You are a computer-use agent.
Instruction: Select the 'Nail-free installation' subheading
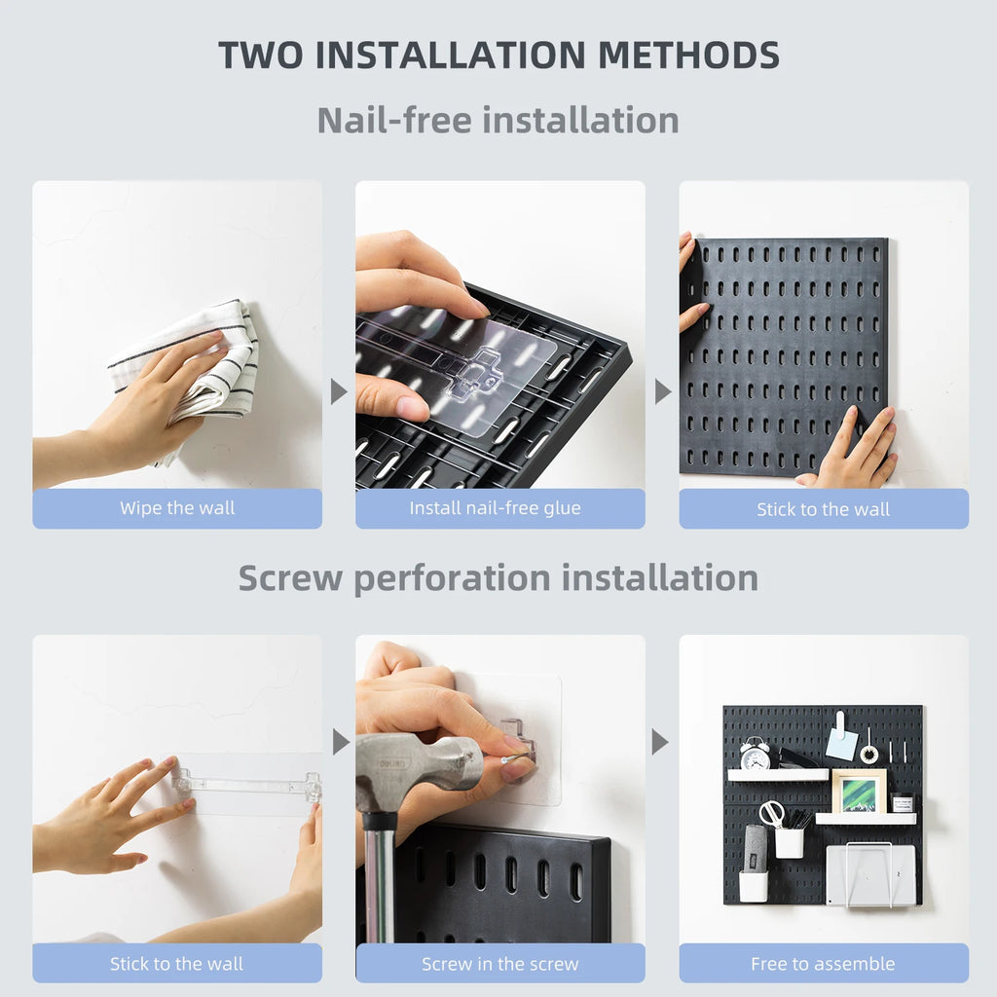pos(498,120)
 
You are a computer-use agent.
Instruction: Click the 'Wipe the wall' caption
pos(177,508)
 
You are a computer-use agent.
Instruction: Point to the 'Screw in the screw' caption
pos(499,964)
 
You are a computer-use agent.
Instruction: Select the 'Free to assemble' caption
pos(823,964)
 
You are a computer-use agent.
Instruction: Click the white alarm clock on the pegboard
pos(755,754)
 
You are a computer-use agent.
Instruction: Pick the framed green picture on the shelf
pos(859,791)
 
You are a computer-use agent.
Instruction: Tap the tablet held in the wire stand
pos(870,873)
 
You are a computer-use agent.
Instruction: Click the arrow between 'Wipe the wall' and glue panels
pos(338,391)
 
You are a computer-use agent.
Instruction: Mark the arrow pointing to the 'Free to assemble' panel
pos(660,742)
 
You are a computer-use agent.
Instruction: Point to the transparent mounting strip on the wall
pos(248,783)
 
